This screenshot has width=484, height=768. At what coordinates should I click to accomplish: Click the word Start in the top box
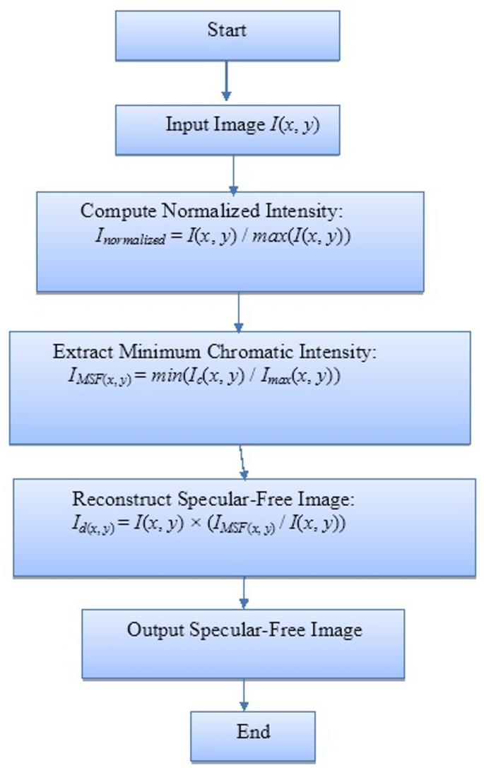tap(227, 30)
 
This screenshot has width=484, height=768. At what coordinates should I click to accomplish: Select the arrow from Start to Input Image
tap(226, 81)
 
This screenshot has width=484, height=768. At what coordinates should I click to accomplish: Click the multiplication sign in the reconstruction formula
tap(205, 525)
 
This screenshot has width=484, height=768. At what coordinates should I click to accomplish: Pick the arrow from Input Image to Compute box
tap(234, 172)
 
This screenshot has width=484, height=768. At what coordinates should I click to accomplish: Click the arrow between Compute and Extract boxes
tap(239, 311)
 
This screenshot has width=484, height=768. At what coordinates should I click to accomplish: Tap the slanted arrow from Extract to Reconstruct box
tap(244, 461)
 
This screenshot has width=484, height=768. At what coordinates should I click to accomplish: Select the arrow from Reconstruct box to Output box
tap(244, 592)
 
